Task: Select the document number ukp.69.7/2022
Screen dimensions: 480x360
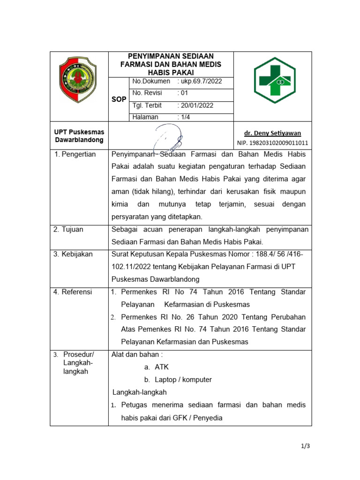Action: pyautogui.click(x=200, y=82)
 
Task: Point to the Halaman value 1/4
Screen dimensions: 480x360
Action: pyautogui.click(x=184, y=117)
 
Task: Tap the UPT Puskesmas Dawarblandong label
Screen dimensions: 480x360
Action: pyautogui.click(x=79, y=136)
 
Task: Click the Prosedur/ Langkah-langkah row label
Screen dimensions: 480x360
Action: pyautogui.click(x=78, y=363)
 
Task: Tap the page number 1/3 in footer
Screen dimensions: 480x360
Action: pyautogui.click(x=305, y=446)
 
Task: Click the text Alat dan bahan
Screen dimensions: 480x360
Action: pyautogui.click(x=137, y=354)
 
